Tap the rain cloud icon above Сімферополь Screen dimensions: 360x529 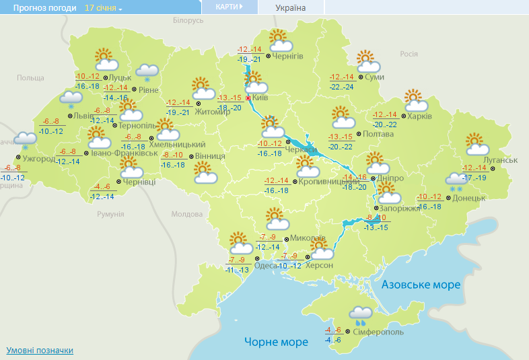tap(361, 314)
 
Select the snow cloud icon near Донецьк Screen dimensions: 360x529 tap(457, 180)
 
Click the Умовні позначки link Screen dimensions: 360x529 tap(40, 351)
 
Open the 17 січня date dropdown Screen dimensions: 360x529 tap(104, 8)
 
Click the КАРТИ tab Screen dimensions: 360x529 tap(230, 7)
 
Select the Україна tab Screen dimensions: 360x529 tap(291, 8)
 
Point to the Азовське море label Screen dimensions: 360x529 tap(421, 285)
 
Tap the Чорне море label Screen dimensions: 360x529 tap(276, 342)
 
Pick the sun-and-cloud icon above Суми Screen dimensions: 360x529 tap(367, 61)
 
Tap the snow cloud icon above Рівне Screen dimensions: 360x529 tap(147, 72)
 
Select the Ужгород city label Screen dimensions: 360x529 tap(39, 159)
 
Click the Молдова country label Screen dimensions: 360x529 tap(186, 214)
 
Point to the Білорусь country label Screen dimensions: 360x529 tap(188, 21)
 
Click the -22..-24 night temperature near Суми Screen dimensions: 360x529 tap(342, 87)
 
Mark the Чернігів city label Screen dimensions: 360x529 tap(289, 57)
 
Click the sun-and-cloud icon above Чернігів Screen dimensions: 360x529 tap(279, 41)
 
